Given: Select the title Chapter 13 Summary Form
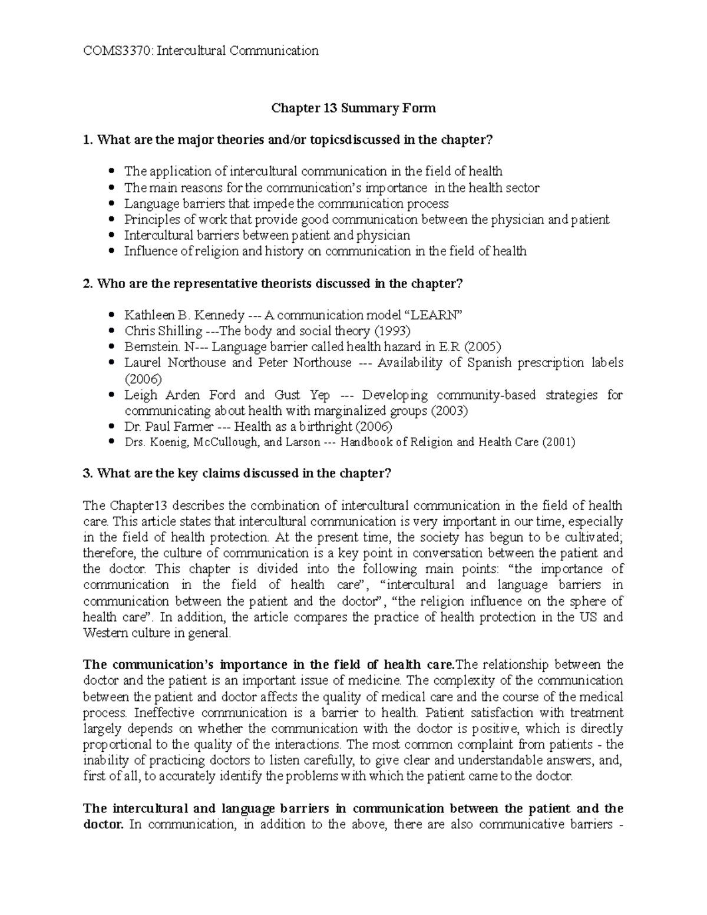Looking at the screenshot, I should pos(353,108).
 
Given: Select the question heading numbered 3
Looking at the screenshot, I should pos(237,474).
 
